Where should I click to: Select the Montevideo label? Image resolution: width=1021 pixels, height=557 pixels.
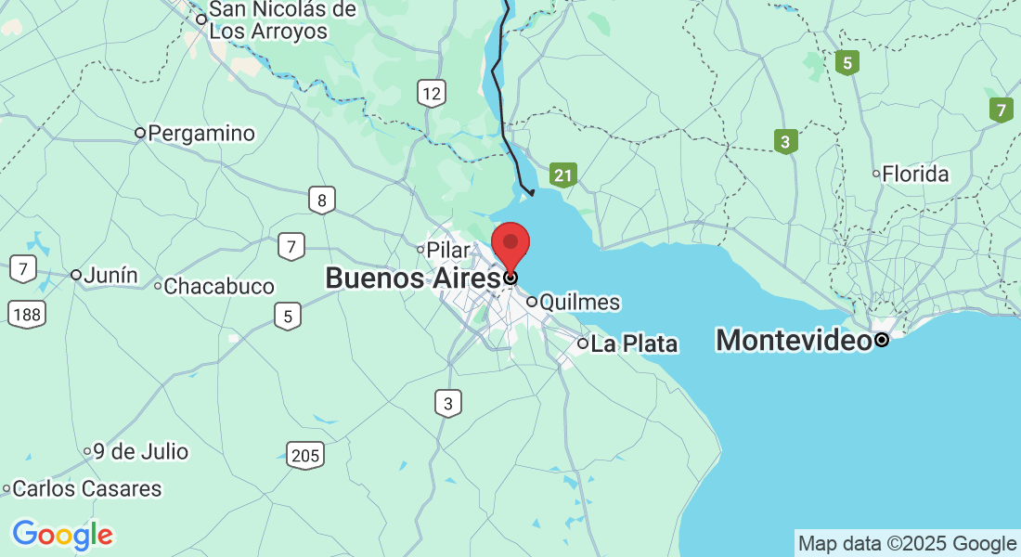794,341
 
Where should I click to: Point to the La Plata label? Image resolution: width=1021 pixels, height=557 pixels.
634,344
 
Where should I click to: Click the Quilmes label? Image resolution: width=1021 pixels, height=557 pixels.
579,303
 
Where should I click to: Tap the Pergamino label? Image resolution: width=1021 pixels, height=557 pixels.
200,134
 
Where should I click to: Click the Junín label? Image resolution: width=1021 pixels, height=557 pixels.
110,276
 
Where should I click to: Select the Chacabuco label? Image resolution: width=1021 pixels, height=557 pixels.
218,287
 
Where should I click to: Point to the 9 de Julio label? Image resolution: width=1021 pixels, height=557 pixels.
140,452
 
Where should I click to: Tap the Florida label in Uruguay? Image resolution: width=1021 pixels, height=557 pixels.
915,175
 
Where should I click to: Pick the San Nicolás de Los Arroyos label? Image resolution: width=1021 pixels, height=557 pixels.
269,20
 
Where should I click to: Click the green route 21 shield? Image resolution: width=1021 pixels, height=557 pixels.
562,175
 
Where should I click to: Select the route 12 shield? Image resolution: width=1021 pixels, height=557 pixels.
432,93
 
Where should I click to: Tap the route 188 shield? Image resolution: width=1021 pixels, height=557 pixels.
27,315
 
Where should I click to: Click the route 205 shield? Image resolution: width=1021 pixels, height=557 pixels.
305,455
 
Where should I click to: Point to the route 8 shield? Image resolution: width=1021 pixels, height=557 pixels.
322,200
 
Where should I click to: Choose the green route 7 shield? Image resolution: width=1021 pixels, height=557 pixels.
1001,110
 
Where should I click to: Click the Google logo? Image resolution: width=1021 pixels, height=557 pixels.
62,535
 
